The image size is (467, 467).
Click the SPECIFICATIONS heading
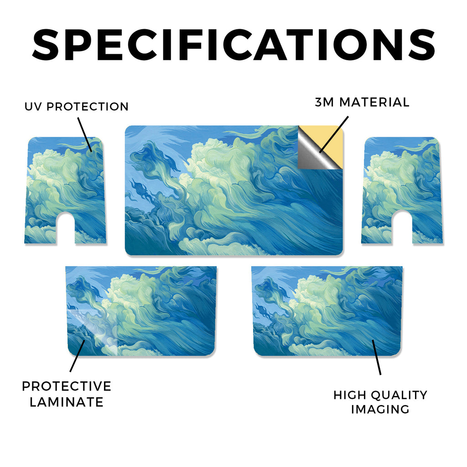coord(233,45)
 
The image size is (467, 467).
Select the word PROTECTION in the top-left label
coord(88,107)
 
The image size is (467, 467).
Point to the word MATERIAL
coord(374,102)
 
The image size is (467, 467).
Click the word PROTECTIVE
coord(67,386)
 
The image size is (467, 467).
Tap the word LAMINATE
coord(67,402)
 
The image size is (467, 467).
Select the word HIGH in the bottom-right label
coord(350,395)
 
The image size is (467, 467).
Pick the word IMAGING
coord(380,409)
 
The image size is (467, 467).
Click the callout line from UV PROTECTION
coord(85,135)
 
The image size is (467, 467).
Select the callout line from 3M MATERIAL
coord(334,135)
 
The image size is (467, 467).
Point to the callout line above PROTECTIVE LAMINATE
coord(78,356)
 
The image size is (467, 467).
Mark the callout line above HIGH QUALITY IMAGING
coord(376,357)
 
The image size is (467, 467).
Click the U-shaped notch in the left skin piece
coord(66,228)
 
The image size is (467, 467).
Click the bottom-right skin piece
coord(327,311)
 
